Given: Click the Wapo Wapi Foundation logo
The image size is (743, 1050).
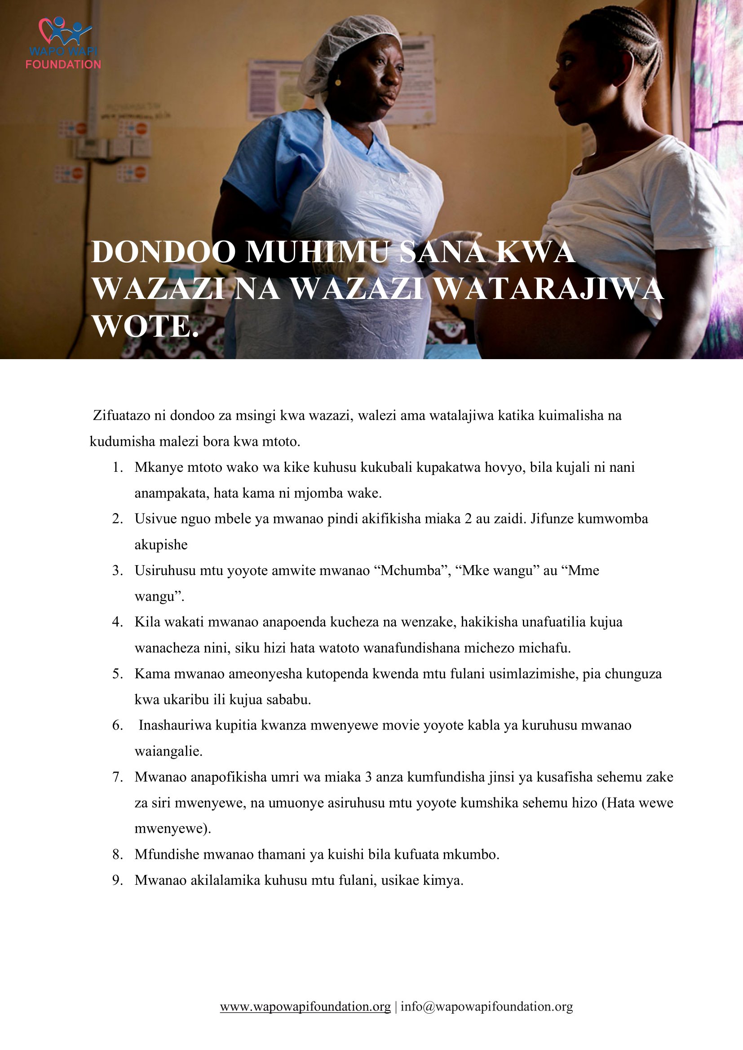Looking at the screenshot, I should [x=63, y=44].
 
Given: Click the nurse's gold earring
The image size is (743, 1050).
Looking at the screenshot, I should [x=338, y=82].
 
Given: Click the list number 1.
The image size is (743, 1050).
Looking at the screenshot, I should [x=118, y=468].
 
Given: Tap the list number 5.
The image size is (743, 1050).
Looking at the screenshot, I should [x=118, y=674].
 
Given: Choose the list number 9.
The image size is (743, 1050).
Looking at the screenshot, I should [x=118, y=881].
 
